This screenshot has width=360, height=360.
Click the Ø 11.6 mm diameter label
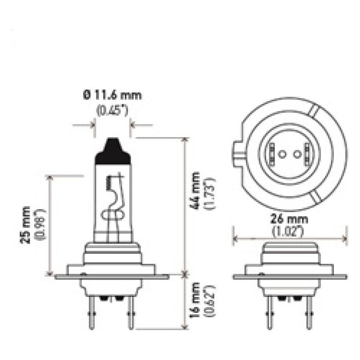pos(113,95)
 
